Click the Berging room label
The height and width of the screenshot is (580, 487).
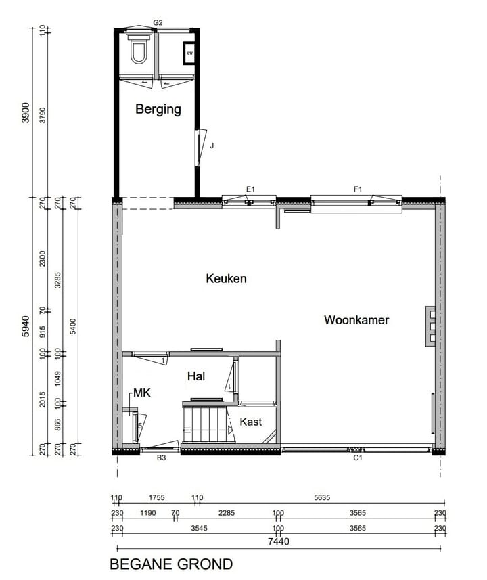tap(158, 109)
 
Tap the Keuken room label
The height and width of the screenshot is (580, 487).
tap(226, 278)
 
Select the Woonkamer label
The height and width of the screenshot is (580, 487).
tap(356, 320)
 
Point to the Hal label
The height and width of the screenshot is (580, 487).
tap(195, 376)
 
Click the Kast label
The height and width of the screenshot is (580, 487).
tap(250, 422)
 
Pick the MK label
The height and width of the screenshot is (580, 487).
tap(141, 393)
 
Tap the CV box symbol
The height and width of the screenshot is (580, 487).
tap(189, 52)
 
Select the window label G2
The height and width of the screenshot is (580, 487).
tap(158, 22)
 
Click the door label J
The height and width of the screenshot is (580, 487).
tap(212, 145)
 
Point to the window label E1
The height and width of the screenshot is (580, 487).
tap(250, 189)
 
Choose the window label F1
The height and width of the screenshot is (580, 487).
tap(358, 189)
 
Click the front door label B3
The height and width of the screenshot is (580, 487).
tap(161, 458)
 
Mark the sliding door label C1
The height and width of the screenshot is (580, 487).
tap(358, 458)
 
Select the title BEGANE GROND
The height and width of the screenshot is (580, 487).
tap(171, 564)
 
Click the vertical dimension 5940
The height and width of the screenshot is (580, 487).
tap(26, 326)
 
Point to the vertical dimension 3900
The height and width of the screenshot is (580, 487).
tap(26, 113)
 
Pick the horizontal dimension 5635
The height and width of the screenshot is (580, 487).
tap(322, 499)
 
